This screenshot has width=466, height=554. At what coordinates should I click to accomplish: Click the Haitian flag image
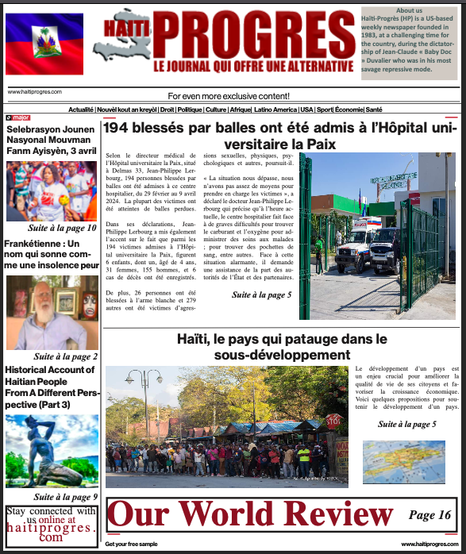pos(44,44)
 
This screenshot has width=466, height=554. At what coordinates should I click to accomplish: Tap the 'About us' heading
pos(409,10)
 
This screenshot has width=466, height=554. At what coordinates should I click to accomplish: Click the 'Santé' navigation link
pos(374,110)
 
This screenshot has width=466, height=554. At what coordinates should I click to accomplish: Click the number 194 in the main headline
pos(119,128)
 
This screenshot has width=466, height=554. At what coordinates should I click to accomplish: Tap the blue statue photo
pos(52,451)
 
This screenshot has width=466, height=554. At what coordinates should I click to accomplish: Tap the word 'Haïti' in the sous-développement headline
pos(197,339)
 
